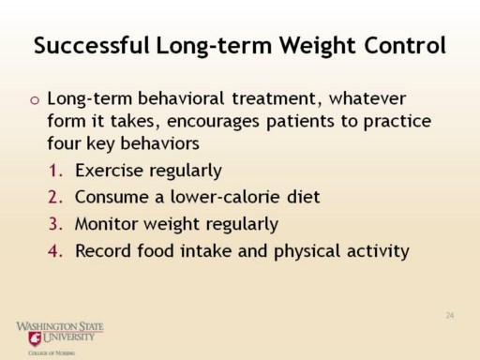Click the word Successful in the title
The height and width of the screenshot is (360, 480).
tap(92, 46)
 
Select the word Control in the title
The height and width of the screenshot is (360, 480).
tap(405, 46)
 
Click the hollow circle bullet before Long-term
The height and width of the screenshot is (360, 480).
tap(35, 100)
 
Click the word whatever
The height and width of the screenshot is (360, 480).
tap(367, 98)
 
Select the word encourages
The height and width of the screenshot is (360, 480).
tap(213, 122)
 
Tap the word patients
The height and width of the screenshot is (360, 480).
tap(300, 122)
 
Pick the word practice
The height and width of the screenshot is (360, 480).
tap(397, 122)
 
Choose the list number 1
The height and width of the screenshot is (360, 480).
tap(55, 171)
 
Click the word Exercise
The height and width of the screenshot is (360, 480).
tap(109, 171)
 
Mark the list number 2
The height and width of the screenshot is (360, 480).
tap(55, 198)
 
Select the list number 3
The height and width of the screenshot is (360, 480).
tap(55, 224)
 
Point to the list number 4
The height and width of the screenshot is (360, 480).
tap(55, 251)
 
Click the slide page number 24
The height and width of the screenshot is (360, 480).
tap(450, 315)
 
